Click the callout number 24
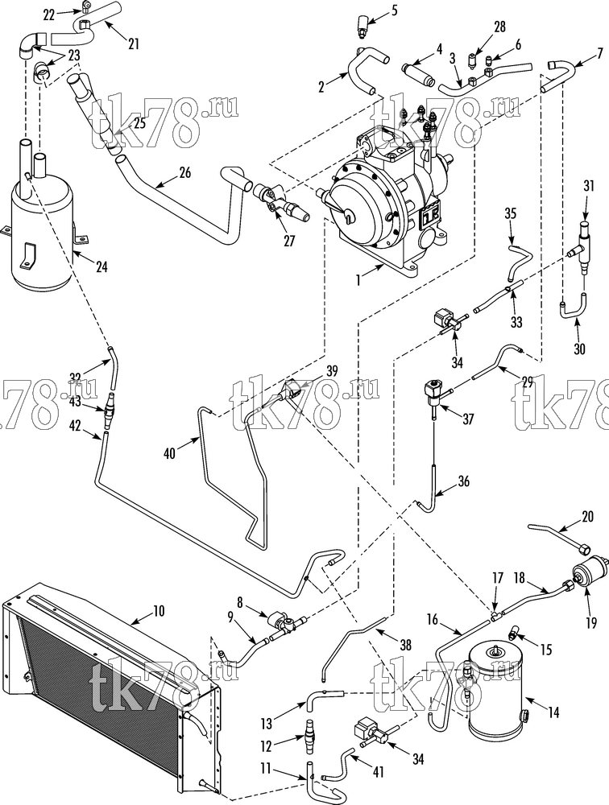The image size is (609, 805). (101, 266)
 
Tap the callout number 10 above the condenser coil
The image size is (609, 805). (159, 611)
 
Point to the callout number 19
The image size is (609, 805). (590, 623)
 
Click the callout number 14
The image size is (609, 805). (553, 712)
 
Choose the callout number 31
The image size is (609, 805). (589, 186)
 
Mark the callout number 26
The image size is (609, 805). (184, 172)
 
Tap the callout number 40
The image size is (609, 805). (170, 452)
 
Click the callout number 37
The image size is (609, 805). (468, 419)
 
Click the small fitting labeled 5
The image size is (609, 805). (362, 27)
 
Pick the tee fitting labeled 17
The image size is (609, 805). (495, 614)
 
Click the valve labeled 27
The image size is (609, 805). (280, 202)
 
